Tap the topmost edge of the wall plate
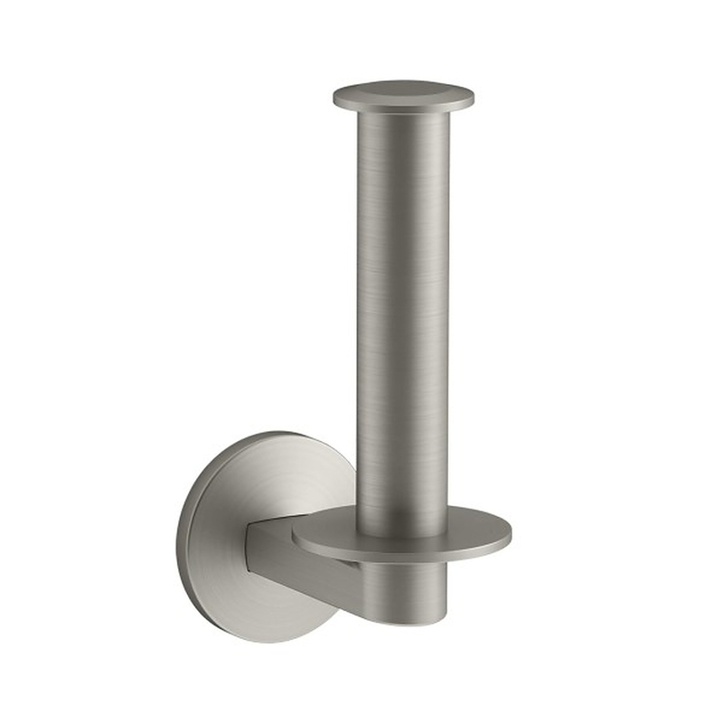point(262,432)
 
